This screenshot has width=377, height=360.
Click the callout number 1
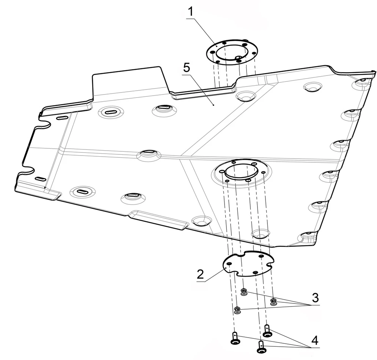tap(191, 12)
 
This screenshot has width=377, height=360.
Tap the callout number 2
tap(200, 274)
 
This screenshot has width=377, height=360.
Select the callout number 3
tap(315, 298)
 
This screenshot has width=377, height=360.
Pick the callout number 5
tap(187, 68)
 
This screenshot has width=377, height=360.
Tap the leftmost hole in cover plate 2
tap(229, 264)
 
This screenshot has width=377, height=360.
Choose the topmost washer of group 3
tap(244, 292)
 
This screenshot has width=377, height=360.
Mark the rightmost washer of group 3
tap(273, 302)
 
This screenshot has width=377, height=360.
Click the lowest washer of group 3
tap(237, 310)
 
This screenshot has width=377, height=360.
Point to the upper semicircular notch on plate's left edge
tap(44, 123)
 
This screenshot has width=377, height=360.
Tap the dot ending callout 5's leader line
tap(214, 105)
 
